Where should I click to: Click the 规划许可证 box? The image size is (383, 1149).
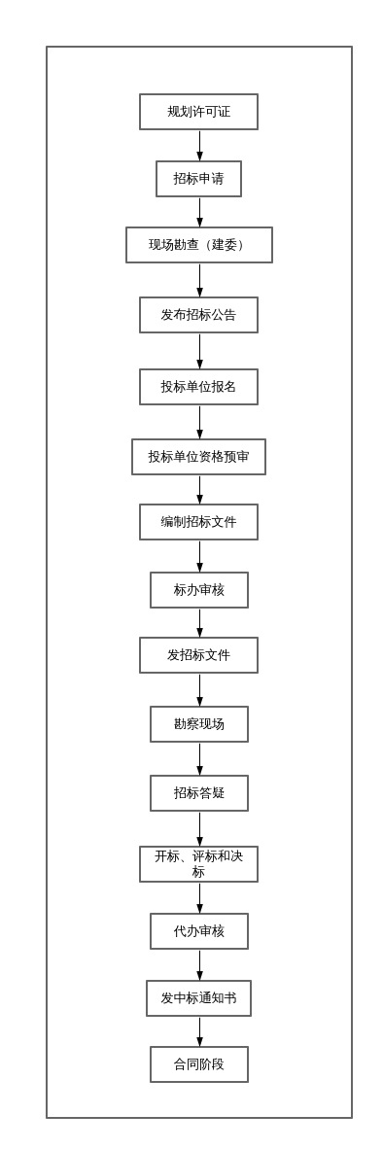(198, 112)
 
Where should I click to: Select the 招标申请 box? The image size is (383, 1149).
(198, 179)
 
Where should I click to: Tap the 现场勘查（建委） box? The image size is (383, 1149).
(198, 245)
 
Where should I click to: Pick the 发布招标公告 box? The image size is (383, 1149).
(198, 315)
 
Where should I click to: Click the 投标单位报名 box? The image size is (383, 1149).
(198, 387)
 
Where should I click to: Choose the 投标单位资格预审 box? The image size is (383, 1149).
(198, 457)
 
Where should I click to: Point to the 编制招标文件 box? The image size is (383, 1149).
(198, 522)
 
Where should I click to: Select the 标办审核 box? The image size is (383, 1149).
(198, 590)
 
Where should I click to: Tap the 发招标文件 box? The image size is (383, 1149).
(198, 655)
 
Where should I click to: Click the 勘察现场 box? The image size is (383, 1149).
(198, 724)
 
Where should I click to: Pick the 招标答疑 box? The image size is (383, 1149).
(198, 793)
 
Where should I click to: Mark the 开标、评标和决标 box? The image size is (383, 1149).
(198, 864)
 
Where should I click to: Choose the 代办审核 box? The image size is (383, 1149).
(198, 931)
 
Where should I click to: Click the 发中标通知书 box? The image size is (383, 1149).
(198, 998)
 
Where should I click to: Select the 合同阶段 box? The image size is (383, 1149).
(198, 1064)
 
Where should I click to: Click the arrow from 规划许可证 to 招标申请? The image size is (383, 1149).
(200, 146)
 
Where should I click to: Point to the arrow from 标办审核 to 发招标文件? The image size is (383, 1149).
(200, 623)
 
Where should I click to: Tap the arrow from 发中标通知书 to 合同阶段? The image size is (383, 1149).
(200, 1031)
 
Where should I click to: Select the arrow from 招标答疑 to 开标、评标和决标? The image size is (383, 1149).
(200, 828)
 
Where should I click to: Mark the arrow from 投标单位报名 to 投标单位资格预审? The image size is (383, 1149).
(200, 422)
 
